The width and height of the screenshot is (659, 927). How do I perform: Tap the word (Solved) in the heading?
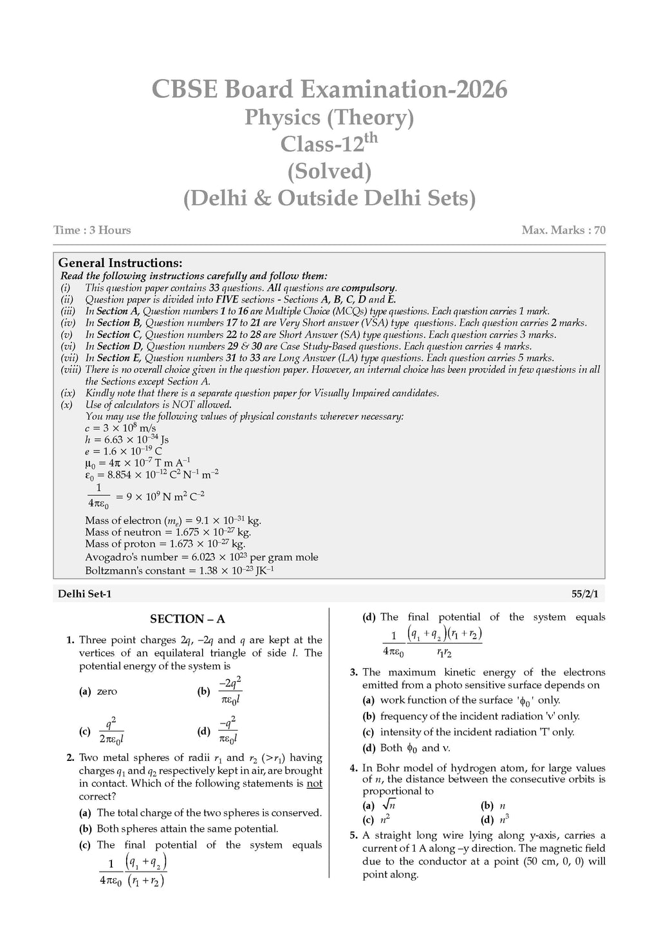(x=329, y=171)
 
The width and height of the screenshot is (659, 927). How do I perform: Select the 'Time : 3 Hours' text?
(x=92, y=230)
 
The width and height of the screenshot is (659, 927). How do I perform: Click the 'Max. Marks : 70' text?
(x=564, y=230)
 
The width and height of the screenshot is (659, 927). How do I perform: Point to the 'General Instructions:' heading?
(x=120, y=263)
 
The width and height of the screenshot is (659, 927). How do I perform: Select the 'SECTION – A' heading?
(x=187, y=619)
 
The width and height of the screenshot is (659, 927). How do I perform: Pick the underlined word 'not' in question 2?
(x=314, y=783)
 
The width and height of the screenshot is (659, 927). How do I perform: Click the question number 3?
(x=353, y=672)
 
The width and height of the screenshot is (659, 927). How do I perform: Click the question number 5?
(x=353, y=836)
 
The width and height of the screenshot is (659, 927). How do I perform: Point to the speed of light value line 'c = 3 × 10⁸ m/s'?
(x=120, y=428)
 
